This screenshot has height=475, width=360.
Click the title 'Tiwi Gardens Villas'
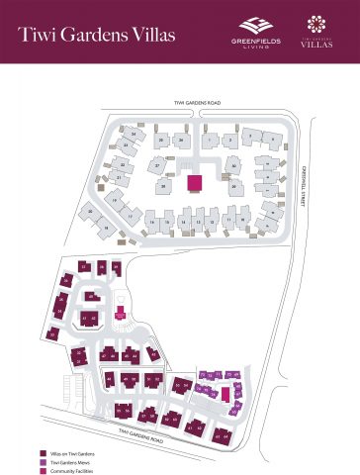pos(97,35)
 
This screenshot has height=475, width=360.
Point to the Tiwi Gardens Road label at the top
pos(193,102)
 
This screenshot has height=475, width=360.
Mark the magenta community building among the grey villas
pos(195,183)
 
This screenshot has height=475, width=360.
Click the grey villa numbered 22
pos(123,164)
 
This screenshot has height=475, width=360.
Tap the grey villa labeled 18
pos(107,228)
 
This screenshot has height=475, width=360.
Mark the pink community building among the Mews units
pos(225,393)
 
